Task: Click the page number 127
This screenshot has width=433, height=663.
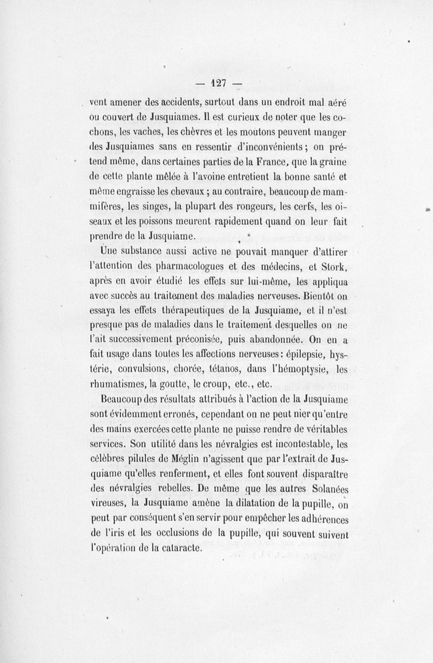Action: point(218,83)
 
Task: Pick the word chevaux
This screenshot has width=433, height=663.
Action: point(176,191)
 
